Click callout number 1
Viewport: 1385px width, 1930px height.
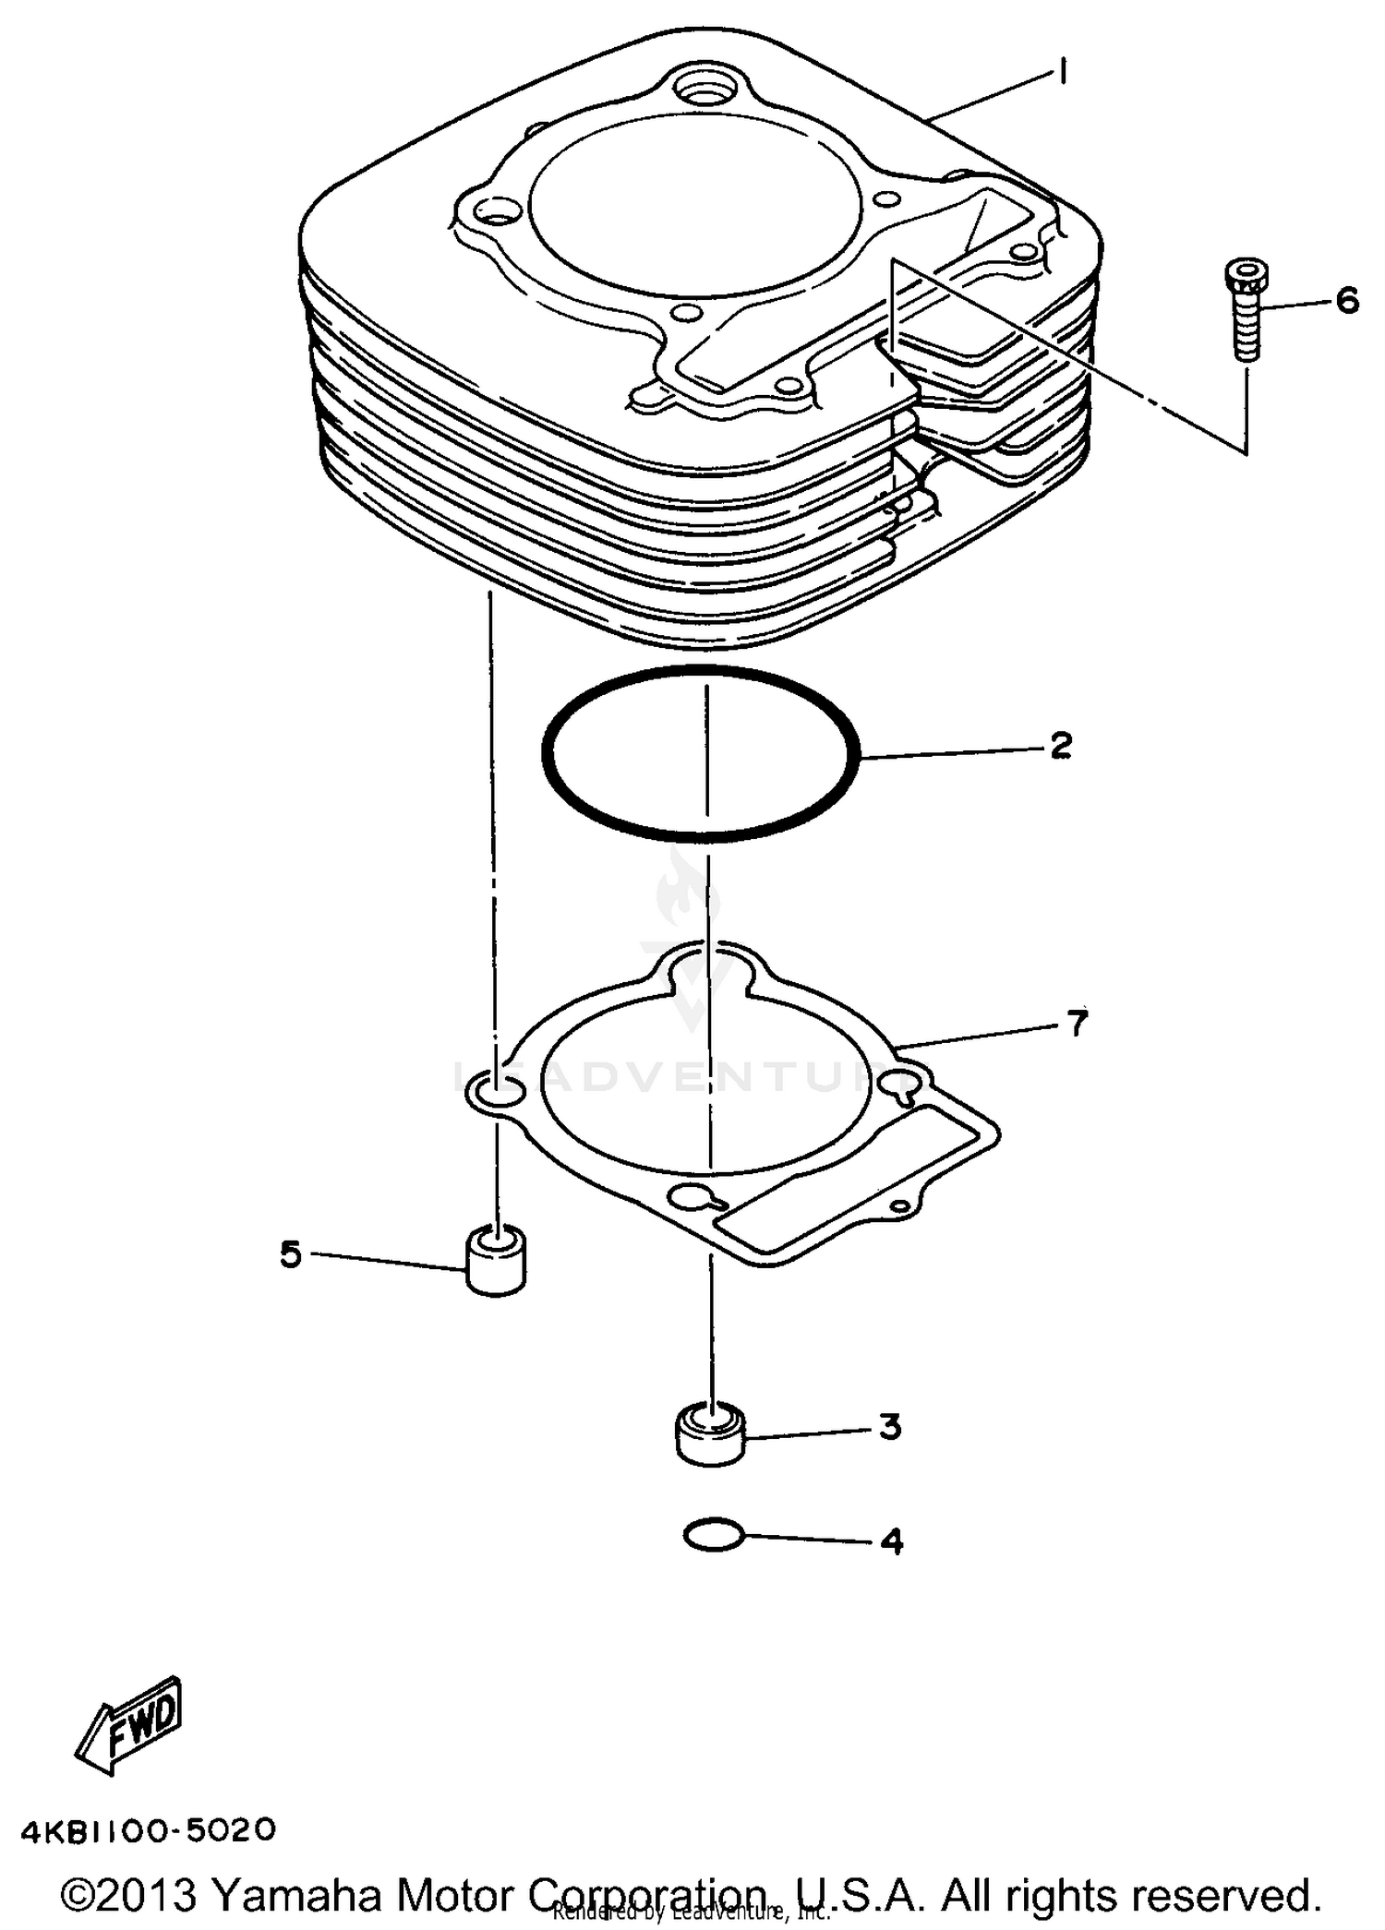coord(1063,71)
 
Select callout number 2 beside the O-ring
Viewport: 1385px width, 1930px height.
coord(1061,745)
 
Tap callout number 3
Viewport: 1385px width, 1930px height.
coord(889,1426)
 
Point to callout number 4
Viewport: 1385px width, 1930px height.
coord(891,1541)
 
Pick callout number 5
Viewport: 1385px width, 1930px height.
coord(291,1253)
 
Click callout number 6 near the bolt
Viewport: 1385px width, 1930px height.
coord(1347,300)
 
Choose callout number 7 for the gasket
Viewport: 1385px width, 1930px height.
coord(1078,1023)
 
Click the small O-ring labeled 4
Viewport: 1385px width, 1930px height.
coord(713,1536)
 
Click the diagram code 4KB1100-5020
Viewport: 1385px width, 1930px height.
coord(148,1828)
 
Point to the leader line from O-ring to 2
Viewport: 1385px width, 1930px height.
coord(951,754)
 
